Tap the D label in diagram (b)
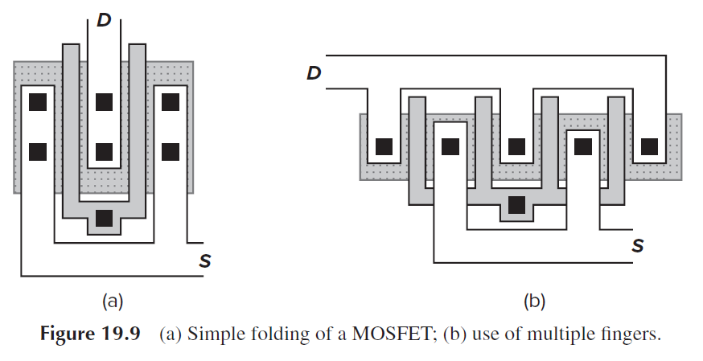click(314, 74)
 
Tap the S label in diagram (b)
click(637, 244)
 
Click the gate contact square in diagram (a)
click(104, 217)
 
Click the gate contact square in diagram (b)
click(516, 205)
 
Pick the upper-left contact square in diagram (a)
click(38, 103)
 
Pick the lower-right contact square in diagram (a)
click(170, 150)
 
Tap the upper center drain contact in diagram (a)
click(104, 103)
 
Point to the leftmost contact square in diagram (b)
click(384, 146)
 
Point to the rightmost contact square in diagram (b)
click(648, 146)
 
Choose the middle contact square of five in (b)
click(516, 146)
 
